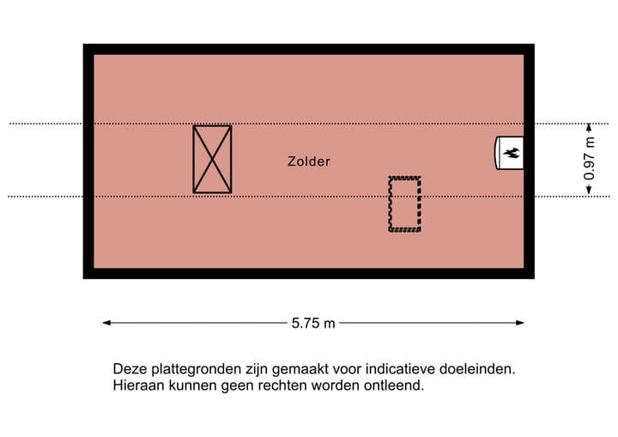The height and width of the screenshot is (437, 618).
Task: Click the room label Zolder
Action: coord(309,161)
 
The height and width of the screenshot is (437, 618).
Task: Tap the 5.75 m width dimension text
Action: coord(313,324)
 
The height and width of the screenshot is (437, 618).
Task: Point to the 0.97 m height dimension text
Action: coord(590,158)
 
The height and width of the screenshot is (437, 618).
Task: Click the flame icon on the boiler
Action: coord(512,153)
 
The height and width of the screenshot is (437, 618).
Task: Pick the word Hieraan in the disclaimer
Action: coord(138,385)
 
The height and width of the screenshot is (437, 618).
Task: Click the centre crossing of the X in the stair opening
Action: coord(212,160)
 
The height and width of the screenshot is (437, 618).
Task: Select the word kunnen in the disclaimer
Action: coord(193,385)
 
